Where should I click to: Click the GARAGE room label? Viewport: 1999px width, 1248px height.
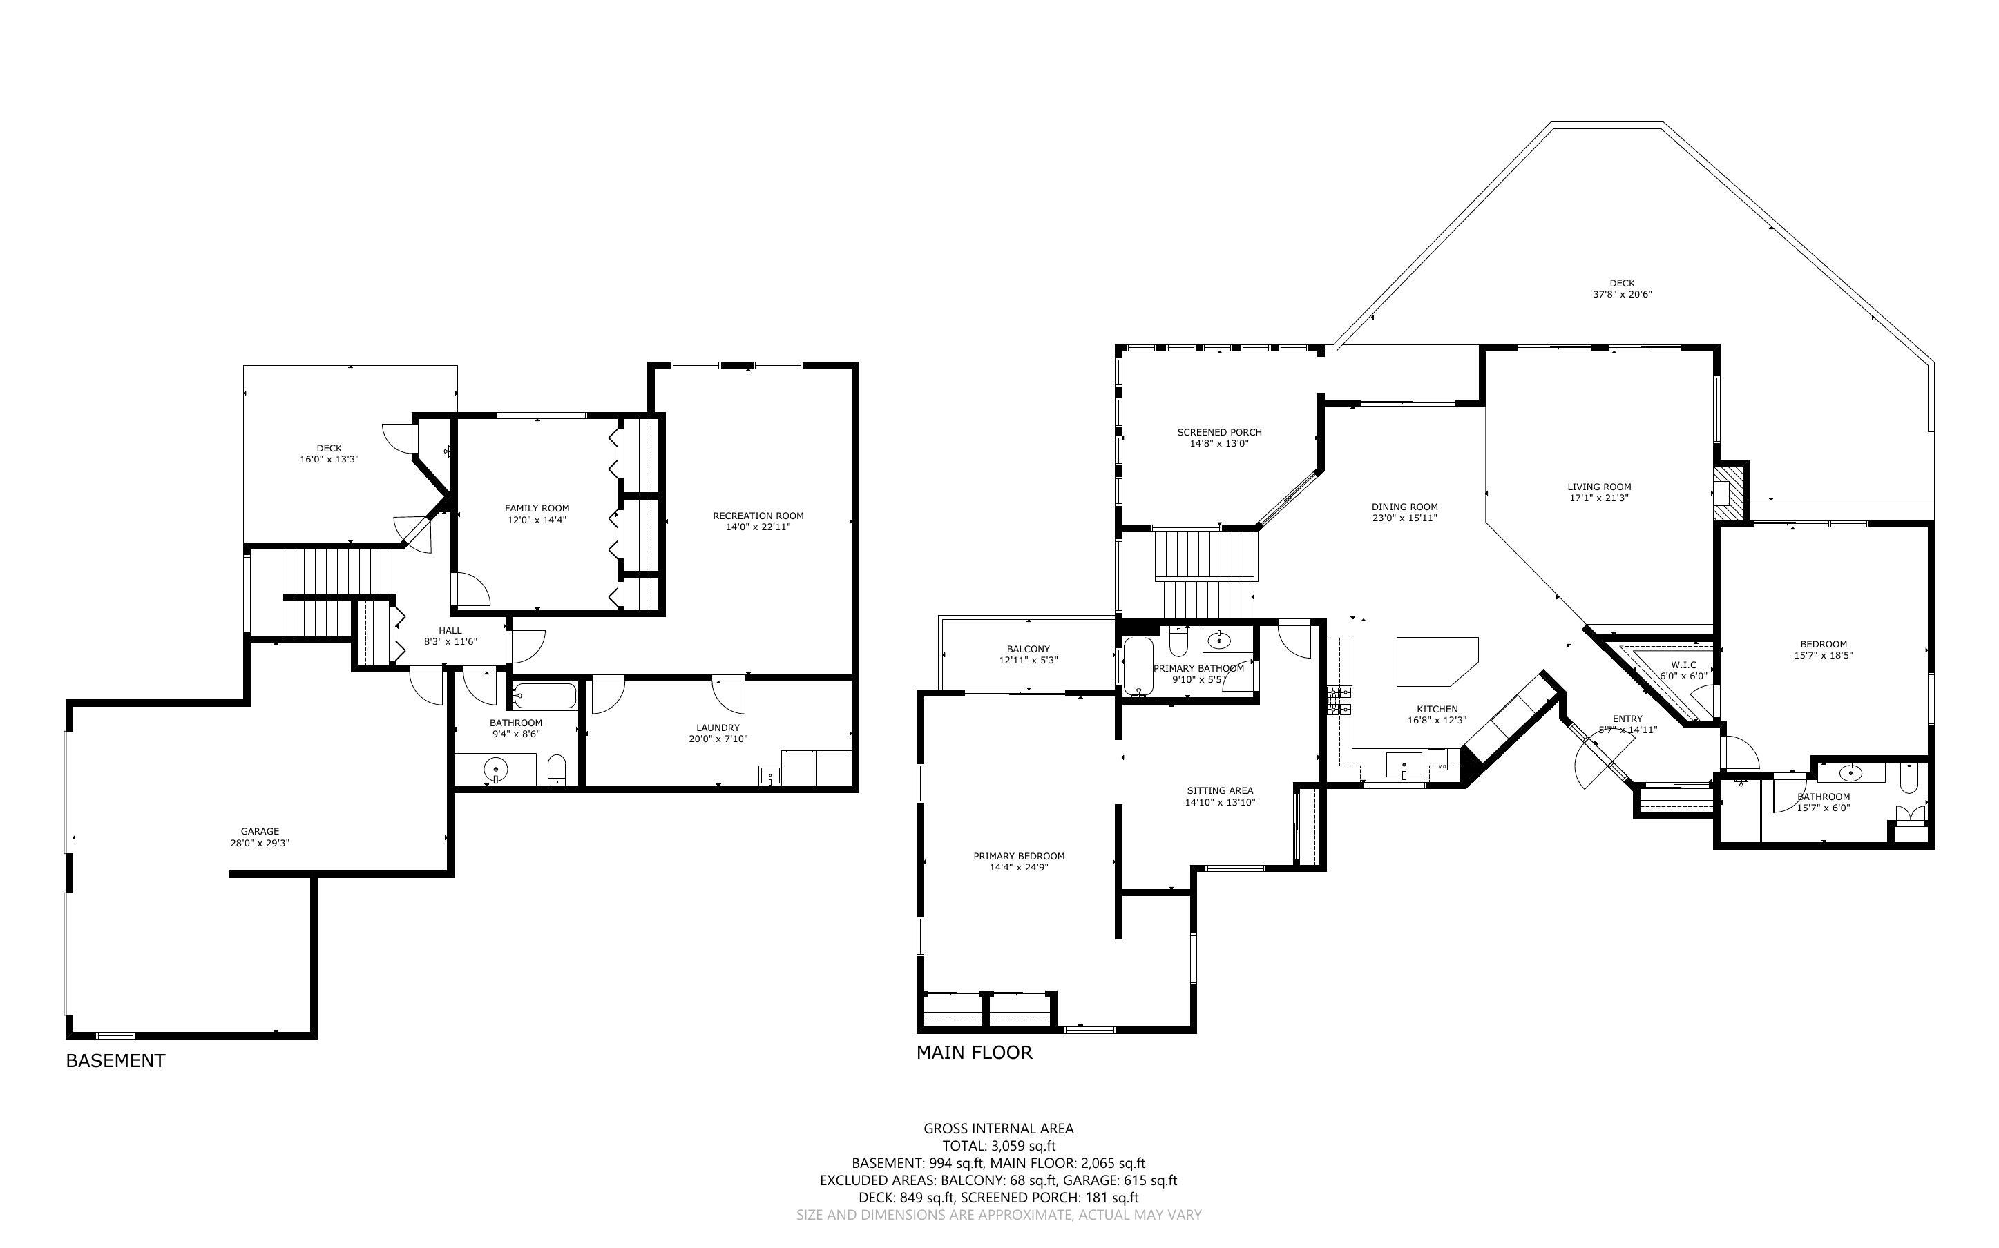pos(259,831)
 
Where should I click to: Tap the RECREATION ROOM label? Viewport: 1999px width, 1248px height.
pos(758,516)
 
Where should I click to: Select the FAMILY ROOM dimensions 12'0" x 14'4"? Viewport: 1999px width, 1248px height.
pos(537,520)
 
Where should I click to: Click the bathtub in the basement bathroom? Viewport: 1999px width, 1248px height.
pos(544,696)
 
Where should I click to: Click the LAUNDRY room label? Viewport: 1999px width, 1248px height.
pos(718,728)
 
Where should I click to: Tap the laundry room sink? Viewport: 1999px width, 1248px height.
pos(769,776)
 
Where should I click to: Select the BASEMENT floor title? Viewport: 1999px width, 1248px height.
pos(115,1062)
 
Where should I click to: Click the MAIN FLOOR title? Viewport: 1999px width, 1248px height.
pos(975,1053)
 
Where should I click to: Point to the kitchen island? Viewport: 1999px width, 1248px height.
pos(1435,661)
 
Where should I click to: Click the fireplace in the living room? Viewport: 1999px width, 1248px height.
pos(1728,493)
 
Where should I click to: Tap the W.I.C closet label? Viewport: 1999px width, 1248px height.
pos(1683,665)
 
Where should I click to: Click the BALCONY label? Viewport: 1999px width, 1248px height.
pos(1028,649)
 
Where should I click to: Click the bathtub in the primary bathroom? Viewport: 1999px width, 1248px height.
pos(1138,666)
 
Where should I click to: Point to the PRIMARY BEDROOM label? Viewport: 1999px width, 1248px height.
pos(1019,856)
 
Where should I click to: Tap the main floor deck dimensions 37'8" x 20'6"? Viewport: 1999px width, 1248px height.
pos(1622,295)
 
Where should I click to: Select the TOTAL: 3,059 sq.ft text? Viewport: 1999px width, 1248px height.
pos(999,1146)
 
